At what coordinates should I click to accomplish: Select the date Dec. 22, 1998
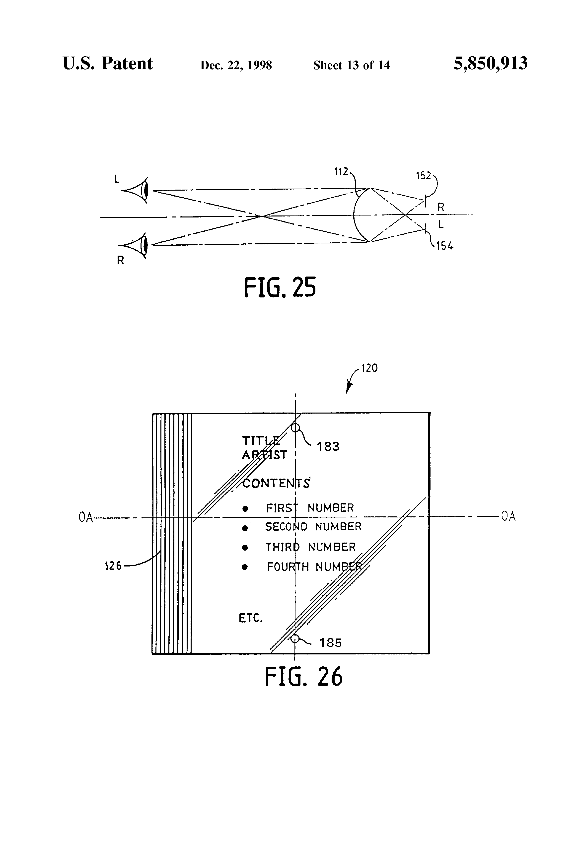pos(236,65)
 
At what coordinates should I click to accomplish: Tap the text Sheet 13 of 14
pos(352,65)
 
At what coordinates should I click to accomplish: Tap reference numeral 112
pos(341,172)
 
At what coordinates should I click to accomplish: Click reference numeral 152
pos(424,176)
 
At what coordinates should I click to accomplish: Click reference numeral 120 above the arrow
pos(369,368)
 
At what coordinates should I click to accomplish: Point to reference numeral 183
pos(328,446)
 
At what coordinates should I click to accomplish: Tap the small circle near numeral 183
pos(295,427)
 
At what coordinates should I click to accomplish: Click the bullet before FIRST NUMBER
pos(245,508)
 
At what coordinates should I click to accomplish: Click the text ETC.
pos(251,618)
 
